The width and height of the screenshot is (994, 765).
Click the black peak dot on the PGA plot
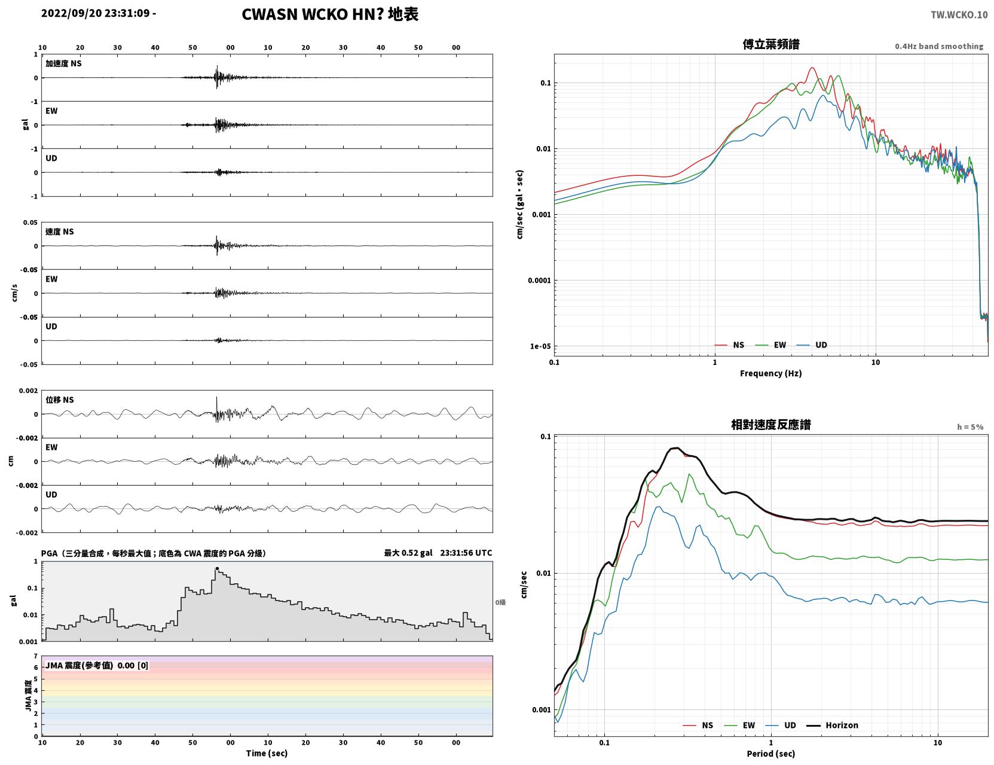pos(217,568)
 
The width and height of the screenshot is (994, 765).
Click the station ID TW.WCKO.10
pos(959,14)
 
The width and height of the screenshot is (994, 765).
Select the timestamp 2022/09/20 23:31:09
pos(96,13)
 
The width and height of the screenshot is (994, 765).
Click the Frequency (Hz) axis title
pos(771,373)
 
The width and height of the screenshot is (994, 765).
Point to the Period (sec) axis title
pos(771,754)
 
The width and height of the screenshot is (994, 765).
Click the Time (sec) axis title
pos(267,753)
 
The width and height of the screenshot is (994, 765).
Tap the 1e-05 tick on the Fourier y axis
pos(540,346)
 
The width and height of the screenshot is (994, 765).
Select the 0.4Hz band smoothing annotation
pos(939,46)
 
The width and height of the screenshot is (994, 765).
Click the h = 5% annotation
pos(970,427)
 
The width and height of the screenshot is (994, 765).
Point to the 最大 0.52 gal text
pos(408,553)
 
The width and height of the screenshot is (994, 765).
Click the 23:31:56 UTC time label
pos(466,553)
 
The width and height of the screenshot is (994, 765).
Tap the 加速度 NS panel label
pos(63,63)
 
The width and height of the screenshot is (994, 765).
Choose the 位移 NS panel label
pos(59,400)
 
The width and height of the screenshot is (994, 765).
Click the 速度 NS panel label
pos(59,232)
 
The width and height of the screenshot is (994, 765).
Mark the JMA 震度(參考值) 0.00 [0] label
pos(96,665)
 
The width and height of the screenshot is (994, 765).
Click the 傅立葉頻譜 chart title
pos(771,44)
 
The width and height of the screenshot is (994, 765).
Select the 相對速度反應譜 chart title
pos(771,425)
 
